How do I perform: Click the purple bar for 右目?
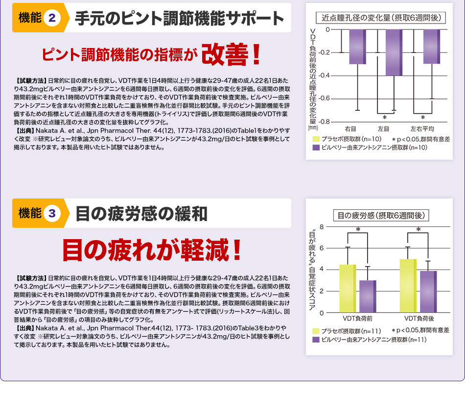coord(357,47)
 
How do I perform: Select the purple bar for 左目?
coord(395,52)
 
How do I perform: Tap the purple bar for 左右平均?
coord(432,47)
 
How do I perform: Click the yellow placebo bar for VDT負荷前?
coord(348,288)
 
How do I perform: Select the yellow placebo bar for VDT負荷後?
coord(408,285)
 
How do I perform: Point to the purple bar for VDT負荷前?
coord(368,296)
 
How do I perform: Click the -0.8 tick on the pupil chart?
coord(324,121)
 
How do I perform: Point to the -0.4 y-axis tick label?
coord(324,75)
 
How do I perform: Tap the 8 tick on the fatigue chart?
coord(321,226)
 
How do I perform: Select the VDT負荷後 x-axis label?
coord(419,319)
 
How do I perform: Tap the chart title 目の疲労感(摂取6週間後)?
coord(381,215)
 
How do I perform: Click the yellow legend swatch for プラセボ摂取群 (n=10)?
coord(317,139)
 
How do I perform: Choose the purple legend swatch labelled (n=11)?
coord(317,339)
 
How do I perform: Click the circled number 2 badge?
coord(52,19)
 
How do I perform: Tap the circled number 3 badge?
coord(52,214)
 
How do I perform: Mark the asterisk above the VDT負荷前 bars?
coord(358,230)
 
